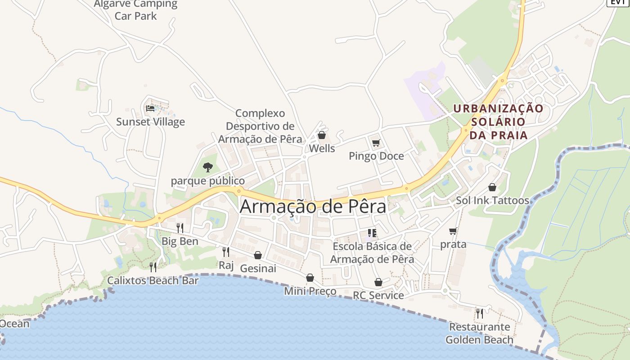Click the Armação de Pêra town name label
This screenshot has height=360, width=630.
pos(313,207)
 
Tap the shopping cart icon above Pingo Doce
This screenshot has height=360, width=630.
pos(376,143)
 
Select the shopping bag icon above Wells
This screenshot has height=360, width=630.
pos(321,135)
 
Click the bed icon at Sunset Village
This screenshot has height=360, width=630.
pos(150,108)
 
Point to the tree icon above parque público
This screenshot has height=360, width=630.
pos(207,167)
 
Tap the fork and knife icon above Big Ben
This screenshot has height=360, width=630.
pos(180,228)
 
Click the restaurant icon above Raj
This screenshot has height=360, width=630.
pos(226,252)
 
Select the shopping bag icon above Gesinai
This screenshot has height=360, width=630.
pos(258,255)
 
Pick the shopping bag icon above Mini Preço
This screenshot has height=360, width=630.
pos(310,278)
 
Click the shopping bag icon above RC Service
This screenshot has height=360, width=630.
pos(378,282)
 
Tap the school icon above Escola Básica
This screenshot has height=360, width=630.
pos(372,233)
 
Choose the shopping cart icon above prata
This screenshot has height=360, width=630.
pos(453,231)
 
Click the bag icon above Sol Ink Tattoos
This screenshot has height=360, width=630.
pos(492,187)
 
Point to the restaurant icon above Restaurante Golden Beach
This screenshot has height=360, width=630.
pos(479,313)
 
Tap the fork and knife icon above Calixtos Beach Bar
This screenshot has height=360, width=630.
pos(153,267)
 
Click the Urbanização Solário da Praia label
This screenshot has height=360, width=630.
pos(498,121)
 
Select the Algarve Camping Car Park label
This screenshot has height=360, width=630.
pos(135,10)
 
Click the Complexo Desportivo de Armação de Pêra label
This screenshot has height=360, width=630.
pos(260,126)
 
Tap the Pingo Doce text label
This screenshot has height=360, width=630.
pos(376,156)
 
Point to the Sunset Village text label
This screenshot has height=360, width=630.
pos(150,121)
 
